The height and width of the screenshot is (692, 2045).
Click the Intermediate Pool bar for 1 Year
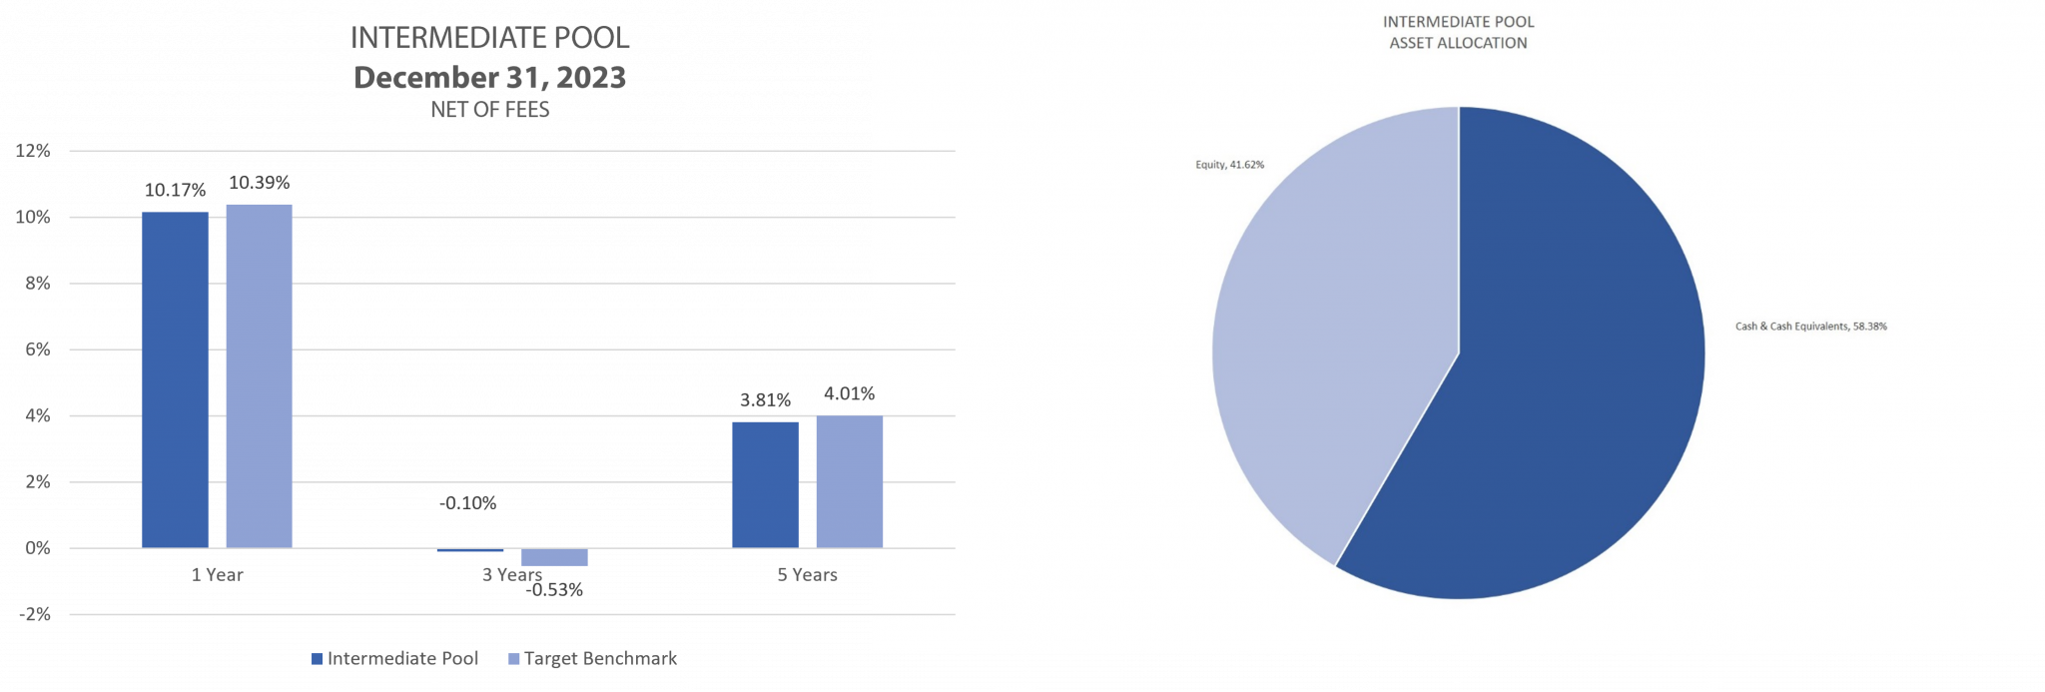tap(175, 379)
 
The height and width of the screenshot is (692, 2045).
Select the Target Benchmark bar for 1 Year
tap(259, 375)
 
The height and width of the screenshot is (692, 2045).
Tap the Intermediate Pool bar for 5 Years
tap(765, 484)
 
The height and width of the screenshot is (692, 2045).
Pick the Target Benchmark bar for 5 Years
tap(849, 481)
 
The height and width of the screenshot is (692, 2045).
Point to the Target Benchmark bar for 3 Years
tap(554, 557)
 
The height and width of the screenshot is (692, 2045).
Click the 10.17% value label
tap(175, 190)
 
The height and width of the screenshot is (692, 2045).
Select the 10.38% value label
tap(259, 182)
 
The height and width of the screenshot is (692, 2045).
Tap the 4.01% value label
tap(849, 393)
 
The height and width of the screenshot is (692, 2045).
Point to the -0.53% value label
tap(554, 590)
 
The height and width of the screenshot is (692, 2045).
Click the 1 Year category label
tap(218, 575)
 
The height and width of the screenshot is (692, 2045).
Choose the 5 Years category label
tap(807, 575)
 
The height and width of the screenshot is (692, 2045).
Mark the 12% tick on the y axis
tap(33, 152)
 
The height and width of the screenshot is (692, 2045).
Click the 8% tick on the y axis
tap(38, 284)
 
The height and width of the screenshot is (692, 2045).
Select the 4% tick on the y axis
tap(38, 415)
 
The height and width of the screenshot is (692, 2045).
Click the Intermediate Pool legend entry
tap(395, 659)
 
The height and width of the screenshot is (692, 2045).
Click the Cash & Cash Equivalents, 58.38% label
tap(1810, 327)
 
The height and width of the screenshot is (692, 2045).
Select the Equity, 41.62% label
tap(1229, 165)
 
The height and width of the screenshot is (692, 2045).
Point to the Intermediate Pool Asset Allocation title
tap(1458, 32)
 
